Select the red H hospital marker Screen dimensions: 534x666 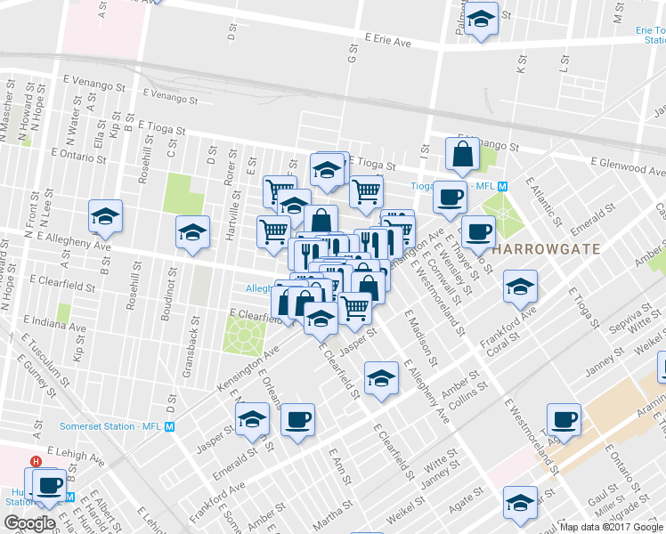pos(36,462)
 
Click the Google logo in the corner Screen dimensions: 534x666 pos(28,522)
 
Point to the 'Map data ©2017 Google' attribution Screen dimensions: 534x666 pos(612,527)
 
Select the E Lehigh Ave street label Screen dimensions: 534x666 pos(77,453)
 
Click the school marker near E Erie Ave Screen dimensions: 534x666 pos(481,20)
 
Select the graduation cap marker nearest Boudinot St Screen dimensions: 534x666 pos(192,234)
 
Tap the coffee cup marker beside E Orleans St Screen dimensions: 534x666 pos(297,420)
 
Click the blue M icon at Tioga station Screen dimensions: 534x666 pos(502,187)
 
